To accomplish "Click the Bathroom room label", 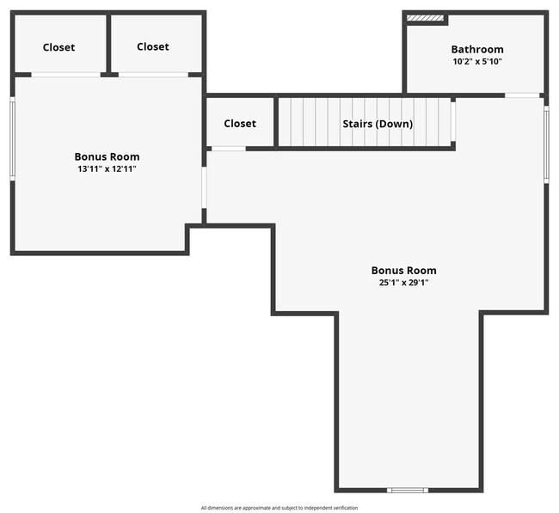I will coord(477,49).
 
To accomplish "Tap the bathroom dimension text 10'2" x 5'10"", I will coord(477,62).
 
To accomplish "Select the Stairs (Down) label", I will coord(378,124).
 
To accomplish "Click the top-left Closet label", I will coord(58,47).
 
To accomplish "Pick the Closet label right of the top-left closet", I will coord(153,46).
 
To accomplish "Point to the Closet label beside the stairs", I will coord(240,123).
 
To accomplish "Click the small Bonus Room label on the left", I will coord(107,156).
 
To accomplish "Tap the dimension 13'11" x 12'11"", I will coord(107,169).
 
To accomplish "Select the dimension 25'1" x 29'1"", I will coord(403,282).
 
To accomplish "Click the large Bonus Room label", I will coord(403,270).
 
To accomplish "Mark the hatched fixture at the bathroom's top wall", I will coord(425,17).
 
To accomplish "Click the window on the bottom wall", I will coord(407,490).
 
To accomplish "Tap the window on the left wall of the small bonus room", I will coord(13,139).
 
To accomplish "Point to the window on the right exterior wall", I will coord(545,144).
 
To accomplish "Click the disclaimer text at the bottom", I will coord(279,508).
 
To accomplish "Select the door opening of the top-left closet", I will coord(65,75).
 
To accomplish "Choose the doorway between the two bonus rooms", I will coord(204,186).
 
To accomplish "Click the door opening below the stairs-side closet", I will coord(228,149).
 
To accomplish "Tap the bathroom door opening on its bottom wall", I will coord(522,95).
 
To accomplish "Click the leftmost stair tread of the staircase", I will coord(285,122).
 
